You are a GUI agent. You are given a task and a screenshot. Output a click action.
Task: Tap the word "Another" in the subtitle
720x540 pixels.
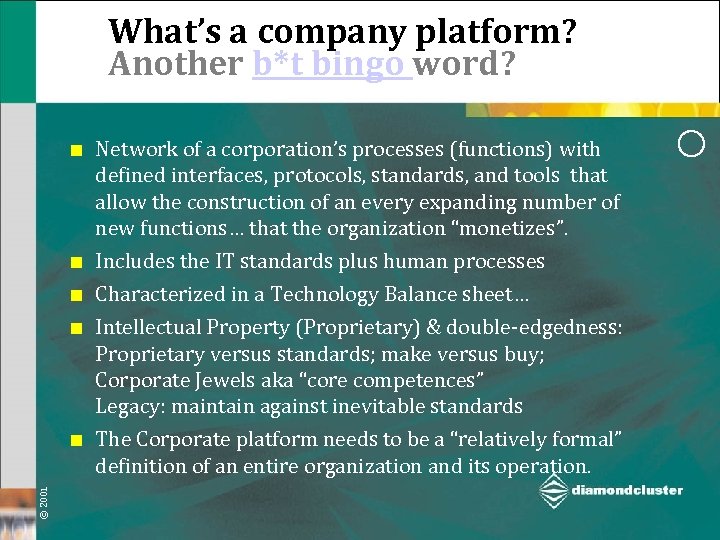tap(176, 64)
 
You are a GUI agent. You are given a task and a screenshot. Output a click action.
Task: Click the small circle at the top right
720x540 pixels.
tap(691, 142)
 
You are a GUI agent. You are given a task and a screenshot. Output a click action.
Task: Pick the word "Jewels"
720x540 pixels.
tap(212, 380)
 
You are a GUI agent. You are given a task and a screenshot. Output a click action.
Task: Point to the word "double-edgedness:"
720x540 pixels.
tap(541, 328)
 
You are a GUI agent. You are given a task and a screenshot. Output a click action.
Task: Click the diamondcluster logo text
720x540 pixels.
tap(627, 490)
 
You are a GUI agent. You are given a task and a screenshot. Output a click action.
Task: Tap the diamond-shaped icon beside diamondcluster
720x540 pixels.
tap(552, 490)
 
